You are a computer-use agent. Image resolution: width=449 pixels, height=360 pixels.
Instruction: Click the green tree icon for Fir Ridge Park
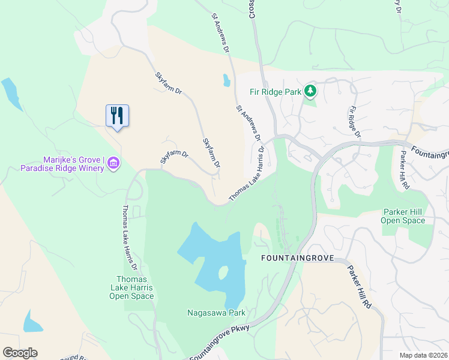310,91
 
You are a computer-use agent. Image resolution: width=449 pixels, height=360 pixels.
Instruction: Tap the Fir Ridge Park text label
276,92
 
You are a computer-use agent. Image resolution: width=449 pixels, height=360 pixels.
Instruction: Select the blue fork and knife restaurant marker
118,115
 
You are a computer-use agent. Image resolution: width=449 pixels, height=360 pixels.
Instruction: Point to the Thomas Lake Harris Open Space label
135,287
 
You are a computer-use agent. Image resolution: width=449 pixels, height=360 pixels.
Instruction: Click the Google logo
20,353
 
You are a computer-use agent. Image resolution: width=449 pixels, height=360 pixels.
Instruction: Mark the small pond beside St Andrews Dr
226,80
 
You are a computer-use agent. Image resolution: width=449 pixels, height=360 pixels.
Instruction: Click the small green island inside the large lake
223,273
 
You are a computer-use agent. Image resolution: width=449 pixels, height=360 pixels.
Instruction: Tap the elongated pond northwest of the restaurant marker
11,94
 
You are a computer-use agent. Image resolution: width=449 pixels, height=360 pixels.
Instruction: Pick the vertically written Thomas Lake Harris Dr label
130,238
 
